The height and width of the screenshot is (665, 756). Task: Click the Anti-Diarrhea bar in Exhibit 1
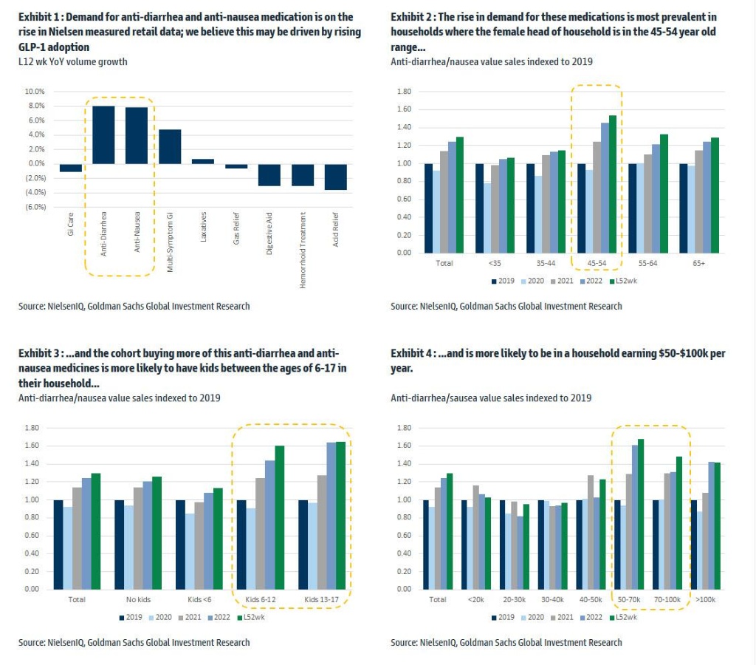103,134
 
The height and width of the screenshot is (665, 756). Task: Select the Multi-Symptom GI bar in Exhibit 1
170,146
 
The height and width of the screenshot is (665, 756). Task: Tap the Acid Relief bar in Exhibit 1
336,177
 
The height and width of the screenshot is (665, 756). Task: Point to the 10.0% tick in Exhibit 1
35,92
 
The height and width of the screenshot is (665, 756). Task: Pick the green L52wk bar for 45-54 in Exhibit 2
612,184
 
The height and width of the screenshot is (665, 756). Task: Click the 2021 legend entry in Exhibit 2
562,281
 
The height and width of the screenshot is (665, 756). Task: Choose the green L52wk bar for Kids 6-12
279,517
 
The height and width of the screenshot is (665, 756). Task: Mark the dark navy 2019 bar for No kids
120,545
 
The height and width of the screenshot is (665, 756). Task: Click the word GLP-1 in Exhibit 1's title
33,47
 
